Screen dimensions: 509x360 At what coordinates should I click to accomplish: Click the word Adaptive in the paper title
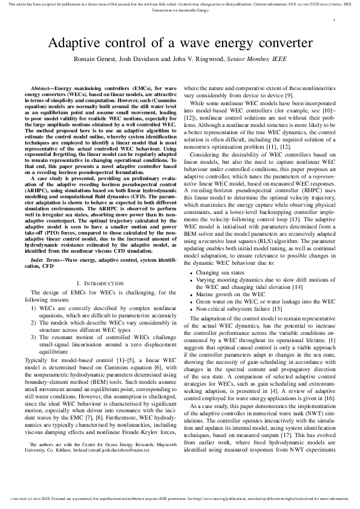pos(78,44)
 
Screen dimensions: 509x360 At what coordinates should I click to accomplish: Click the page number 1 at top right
pos(334,21)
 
